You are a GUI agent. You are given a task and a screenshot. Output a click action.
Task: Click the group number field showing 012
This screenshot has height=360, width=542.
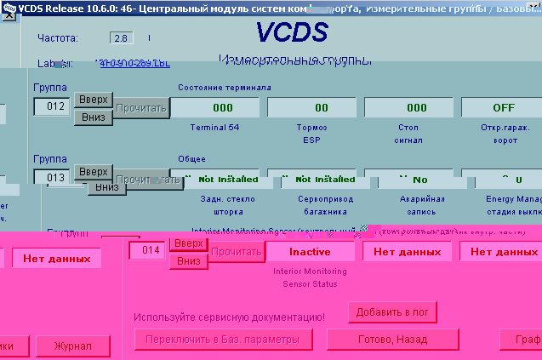(50, 107)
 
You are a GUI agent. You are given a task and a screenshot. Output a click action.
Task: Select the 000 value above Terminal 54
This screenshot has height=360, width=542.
(223, 107)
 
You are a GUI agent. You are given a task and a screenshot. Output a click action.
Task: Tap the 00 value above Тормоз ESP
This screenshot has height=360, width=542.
(321, 107)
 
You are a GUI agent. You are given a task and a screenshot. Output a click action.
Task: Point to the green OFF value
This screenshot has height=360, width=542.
(503, 107)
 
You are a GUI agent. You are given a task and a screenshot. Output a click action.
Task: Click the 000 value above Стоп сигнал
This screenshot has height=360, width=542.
(417, 107)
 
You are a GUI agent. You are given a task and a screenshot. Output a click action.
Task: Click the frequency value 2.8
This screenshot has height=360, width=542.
(121, 39)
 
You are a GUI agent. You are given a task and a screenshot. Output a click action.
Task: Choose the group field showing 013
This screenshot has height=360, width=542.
(50, 177)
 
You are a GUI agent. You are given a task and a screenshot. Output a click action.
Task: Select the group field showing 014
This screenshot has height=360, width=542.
(145, 251)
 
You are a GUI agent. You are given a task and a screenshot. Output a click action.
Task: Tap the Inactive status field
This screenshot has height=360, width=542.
(310, 252)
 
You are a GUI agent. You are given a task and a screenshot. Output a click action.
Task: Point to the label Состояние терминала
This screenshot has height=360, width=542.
(225, 87)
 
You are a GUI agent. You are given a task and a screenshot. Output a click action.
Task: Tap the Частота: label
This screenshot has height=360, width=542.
(58, 39)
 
